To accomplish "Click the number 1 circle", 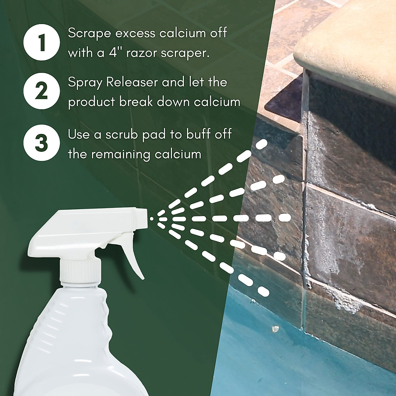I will (x=41, y=43).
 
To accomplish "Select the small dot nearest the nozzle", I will (x=151, y=218).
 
